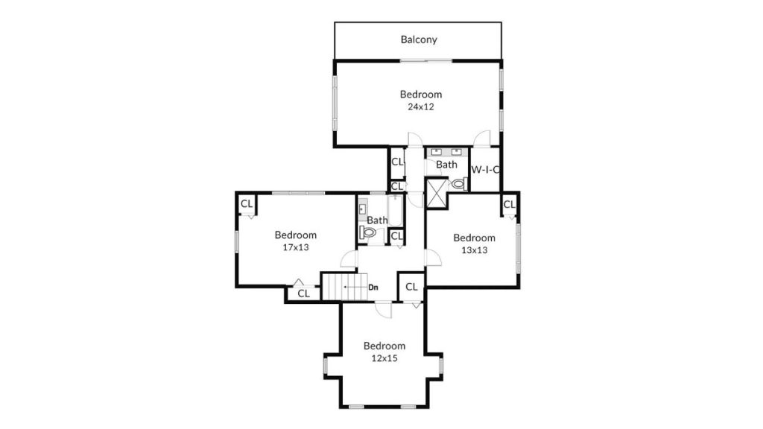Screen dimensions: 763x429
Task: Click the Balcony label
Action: [419, 39]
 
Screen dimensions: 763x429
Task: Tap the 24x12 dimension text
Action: [421, 107]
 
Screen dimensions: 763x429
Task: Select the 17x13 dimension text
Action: [295, 247]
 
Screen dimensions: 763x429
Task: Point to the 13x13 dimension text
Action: [475, 250]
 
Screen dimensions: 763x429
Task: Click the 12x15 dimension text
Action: [384, 358]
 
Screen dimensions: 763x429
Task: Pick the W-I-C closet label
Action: [485, 170]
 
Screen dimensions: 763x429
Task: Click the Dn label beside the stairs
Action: [373, 287]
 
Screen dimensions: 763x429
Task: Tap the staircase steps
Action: [346, 287]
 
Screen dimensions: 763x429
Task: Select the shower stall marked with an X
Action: [436, 194]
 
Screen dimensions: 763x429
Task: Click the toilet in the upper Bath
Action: [459, 185]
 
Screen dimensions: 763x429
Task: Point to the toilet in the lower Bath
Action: [368, 233]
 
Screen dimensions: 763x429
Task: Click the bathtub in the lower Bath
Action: [395, 211]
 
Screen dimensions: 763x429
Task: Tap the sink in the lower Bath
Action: [363, 209]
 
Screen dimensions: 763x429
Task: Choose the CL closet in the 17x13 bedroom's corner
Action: [247, 204]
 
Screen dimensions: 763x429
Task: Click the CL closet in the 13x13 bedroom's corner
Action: [509, 205]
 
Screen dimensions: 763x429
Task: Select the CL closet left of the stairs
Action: [304, 293]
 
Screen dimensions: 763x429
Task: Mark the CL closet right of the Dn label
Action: [411, 287]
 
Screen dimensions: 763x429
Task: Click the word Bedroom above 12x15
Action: [384, 346]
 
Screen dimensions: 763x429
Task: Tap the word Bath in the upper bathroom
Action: [446, 165]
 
